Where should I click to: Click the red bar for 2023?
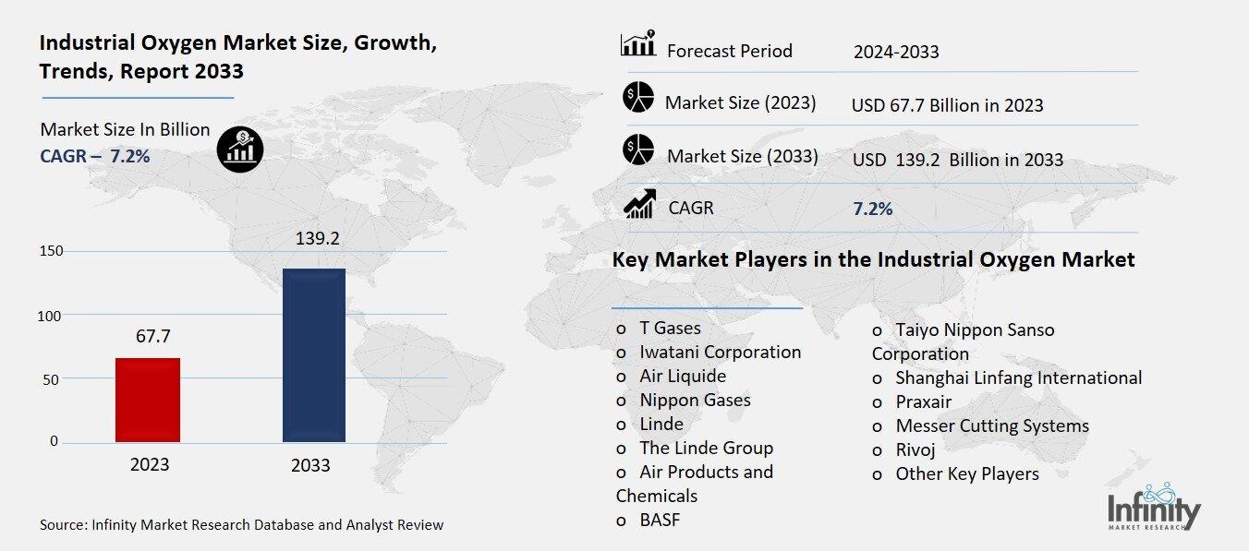pyautogui.click(x=148, y=400)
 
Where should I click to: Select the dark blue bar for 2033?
pyautogui.click(x=313, y=355)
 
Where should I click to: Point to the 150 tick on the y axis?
pyautogui.click(x=51, y=251)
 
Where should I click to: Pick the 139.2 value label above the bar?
pyautogui.click(x=315, y=238)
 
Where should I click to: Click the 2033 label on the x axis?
pyautogui.click(x=310, y=465)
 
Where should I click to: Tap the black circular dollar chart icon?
pyautogui.click(x=240, y=148)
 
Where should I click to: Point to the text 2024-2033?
pyautogui.click(x=895, y=52)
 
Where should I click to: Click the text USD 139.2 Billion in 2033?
pyautogui.click(x=957, y=160)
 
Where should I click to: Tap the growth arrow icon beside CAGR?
pyautogui.click(x=640, y=204)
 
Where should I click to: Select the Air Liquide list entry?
pyautogui.click(x=682, y=376)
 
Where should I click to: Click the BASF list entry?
pyautogui.click(x=659, y=520)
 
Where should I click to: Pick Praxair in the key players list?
pyautogui.click(x=923, y=401)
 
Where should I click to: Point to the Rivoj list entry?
pyautogui.click(x=915, y=449)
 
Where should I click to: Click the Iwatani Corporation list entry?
pyautogui.click(x=720, y=352)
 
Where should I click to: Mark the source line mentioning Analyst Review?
pyautogui.click(x=241, y=524)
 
